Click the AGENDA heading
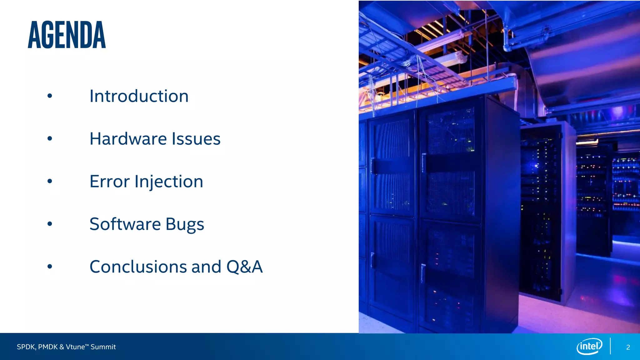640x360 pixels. point(67,35)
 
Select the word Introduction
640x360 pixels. point(139,96)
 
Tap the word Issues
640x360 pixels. point(196,139)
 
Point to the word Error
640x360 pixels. point(109,182)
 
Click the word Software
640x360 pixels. point(125,224)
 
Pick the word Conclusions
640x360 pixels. point(138,267)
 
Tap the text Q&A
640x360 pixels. point(244,267)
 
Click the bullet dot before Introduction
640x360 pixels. point(50,96)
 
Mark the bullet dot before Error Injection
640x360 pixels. point(50,181)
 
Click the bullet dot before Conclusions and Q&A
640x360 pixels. point(50,267)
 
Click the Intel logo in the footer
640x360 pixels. point(589,346)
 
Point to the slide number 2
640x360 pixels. point(628,347)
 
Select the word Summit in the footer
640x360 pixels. point(103,347)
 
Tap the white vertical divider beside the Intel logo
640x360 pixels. point(610,346)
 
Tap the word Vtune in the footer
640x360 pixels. point(75,347)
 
